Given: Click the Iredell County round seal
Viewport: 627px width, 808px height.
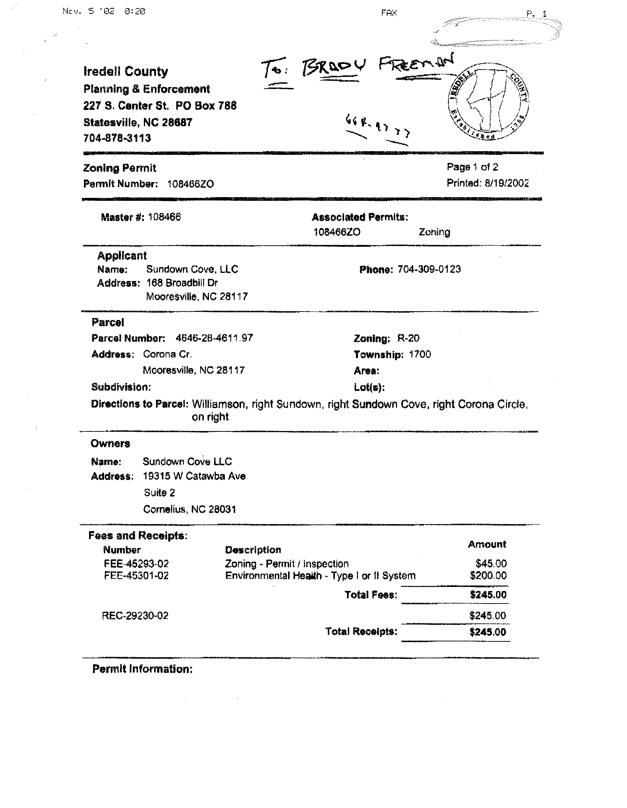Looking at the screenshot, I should tap(488, 101).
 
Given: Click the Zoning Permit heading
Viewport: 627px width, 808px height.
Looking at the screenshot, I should tap(120, 168).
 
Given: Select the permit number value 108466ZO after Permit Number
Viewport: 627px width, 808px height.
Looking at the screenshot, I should tap(190, 184).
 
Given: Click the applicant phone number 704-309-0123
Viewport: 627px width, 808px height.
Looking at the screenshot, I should tap(429, 269).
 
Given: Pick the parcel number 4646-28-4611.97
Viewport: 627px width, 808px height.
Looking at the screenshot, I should tap(214, 338).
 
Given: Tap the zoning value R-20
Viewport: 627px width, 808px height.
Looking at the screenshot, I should tap(408, 338).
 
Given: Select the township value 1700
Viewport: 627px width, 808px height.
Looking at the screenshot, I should tap(420, 355).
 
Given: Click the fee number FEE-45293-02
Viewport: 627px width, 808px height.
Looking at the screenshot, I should tap(136, 563).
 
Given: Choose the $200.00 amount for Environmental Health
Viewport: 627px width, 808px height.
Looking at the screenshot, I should tap(488, 575).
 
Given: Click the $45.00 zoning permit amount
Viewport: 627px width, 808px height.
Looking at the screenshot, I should tap(491, 563).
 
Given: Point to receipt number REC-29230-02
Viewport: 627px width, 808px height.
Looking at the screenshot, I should tap(135, 615).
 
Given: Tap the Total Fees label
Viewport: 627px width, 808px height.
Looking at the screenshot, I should tap(371, 595).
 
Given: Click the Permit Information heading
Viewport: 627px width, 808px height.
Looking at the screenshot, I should tap(142, 669).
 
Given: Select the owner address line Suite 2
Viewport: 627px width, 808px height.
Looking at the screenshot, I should tap(159, 492).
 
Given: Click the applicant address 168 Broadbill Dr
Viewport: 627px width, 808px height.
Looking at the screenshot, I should tap(182, 283).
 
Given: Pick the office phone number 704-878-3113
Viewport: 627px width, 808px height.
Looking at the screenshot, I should tap(117, 138).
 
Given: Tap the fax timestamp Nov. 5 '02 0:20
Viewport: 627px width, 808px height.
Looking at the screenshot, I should tap(104, 11).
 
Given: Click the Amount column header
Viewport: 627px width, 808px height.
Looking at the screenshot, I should tap(487, 544).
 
